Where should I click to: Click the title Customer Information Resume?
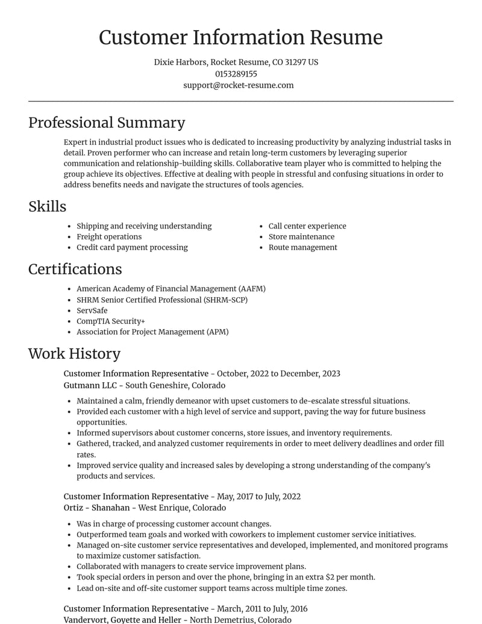240,37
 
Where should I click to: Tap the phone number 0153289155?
236,74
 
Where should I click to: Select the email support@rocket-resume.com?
239,85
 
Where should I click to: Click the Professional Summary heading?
107,122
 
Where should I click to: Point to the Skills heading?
47,206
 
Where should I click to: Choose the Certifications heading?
75,269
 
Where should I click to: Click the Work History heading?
74,353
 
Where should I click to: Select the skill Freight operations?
109,236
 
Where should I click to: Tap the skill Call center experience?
307,226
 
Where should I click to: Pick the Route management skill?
302,247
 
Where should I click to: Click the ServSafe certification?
92,310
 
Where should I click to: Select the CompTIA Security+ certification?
111,321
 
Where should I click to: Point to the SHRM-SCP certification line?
161,300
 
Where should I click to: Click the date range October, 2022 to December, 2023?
278,373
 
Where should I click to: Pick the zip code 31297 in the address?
295,62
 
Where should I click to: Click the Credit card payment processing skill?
132,247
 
